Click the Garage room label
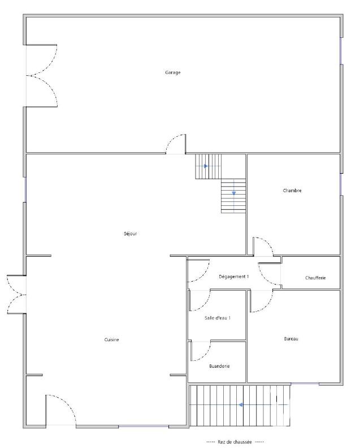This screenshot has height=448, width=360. click(172, 72)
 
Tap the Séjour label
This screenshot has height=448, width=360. click(131, 234)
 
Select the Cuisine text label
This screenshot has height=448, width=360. click(111, 339)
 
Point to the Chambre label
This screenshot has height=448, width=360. click(292, 191)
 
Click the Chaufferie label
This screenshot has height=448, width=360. click(315, 278)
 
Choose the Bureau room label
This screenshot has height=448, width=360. click(290, 339)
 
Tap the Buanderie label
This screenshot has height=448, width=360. click(219, 366)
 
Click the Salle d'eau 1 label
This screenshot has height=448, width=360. click(218, 318)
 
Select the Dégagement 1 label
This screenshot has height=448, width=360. click(233, 277)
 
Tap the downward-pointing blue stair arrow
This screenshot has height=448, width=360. click(233, 193)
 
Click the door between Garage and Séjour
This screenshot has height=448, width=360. click(176, 144)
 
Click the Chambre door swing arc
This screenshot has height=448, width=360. click(262, 245)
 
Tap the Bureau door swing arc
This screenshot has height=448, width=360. click(261, 301)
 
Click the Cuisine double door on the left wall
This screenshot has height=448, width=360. click(16, 294)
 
